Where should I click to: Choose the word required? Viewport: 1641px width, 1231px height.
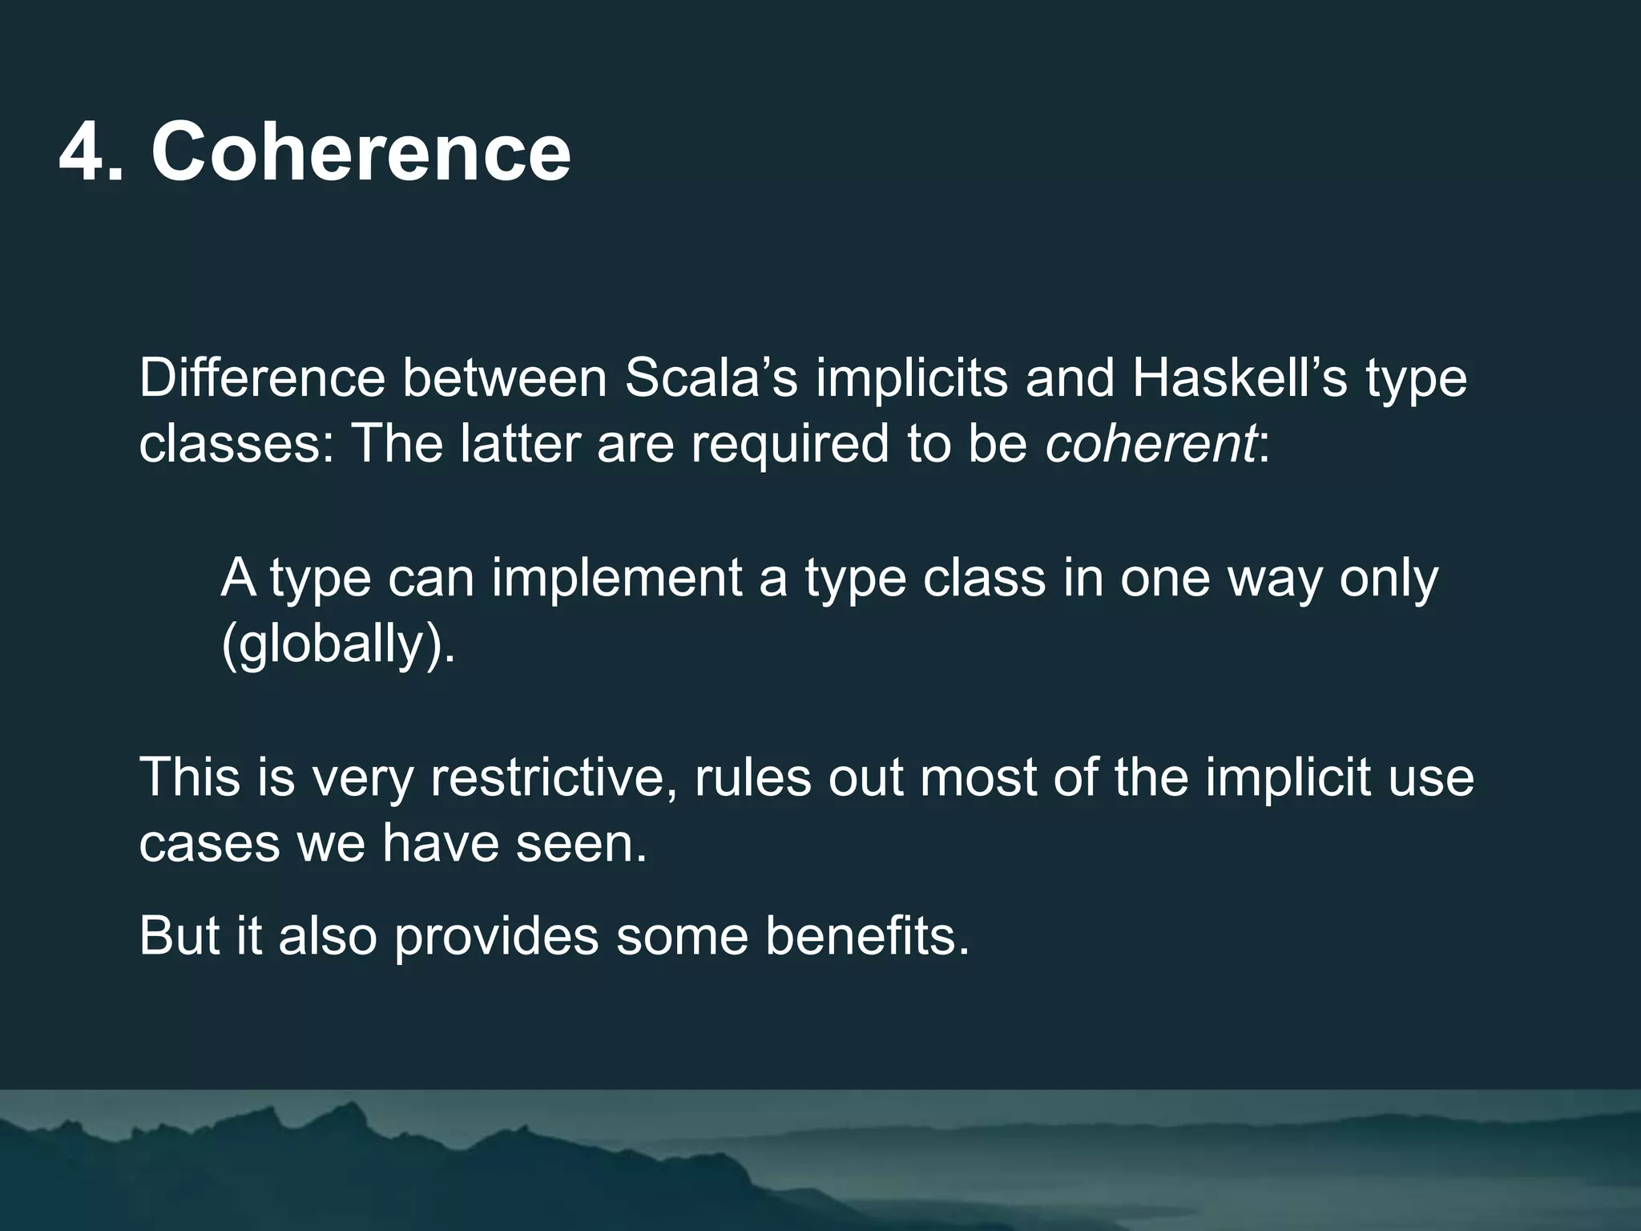coord(790,445)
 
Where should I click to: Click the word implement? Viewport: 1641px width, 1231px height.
coord(617,578)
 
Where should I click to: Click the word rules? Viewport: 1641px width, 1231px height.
coord(753,777)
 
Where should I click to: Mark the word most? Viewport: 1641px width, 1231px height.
coord(978,777)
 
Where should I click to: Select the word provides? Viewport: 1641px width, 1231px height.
coord(497,936)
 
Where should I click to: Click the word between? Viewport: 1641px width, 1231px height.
coord(505,377)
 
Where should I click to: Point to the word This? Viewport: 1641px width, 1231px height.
coord(190,777)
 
